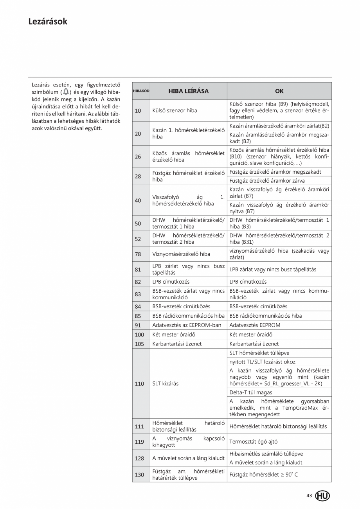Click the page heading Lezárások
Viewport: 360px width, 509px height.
tap(48, 22)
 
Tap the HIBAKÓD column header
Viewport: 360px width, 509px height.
tap(141, 91)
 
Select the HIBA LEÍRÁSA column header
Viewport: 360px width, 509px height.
tap(188, 91)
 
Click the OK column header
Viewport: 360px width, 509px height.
tap(279, 91)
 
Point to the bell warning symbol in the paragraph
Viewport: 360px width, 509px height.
tap(66, 92)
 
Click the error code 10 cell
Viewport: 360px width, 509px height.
tap(138, 110)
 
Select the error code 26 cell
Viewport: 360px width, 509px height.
tap(138, 156)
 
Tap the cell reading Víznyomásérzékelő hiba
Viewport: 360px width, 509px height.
tap(181, 254)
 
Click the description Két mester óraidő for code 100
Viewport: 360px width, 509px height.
tap(174, 335)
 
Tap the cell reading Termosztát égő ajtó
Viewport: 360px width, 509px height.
tap(254, 441)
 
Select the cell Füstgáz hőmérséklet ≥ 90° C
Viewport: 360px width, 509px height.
tap(264, 475)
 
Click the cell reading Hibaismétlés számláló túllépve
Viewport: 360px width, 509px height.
tap(266, 454)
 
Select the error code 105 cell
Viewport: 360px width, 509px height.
tap(139, 344)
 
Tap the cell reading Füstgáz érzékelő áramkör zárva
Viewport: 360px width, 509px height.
tap(267, 181)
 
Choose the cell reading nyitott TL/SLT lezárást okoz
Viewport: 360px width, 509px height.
tap(263, 362)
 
